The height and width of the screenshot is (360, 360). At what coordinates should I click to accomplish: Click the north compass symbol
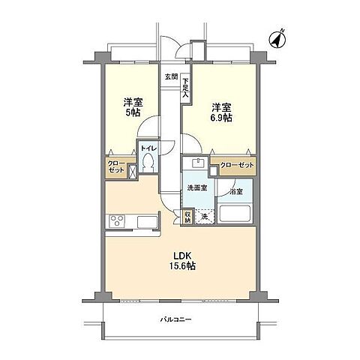[277, 40]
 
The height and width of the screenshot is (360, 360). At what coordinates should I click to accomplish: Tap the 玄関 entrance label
[171, 76]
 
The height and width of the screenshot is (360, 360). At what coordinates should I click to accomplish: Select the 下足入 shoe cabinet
[185, 88]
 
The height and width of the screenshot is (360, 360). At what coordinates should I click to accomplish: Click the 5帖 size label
[133, 112]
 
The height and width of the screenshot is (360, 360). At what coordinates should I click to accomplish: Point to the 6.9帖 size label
[221, 118]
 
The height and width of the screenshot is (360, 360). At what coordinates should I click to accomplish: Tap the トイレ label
[148, 148]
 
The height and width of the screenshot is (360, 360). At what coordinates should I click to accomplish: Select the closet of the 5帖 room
[117, 167]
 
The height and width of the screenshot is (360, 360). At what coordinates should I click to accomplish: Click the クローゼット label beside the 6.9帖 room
[237, 165]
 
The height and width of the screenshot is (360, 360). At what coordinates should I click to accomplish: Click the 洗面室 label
[197, 188]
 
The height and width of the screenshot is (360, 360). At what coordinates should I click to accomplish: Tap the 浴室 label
[236, 192]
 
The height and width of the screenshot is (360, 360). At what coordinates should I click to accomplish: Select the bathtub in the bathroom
[235, 213]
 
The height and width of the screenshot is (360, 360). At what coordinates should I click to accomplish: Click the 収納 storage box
[187, 217]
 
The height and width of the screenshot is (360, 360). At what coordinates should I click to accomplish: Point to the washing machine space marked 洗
[205, 217]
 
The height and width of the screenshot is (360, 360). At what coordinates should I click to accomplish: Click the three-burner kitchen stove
[117, 220]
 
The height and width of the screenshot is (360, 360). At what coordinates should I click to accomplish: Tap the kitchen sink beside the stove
[147, 222]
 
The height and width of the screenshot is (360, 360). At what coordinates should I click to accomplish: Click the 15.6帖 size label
[182, 266]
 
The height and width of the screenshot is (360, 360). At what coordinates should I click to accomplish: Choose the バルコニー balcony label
[176, 319]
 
